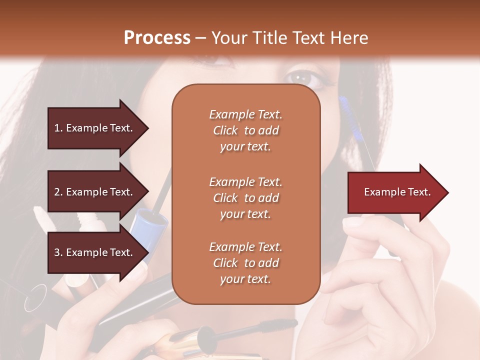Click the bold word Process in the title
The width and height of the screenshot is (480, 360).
pos(157,38)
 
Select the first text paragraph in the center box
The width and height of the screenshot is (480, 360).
pos(245,130)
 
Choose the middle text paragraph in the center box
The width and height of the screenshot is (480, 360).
pos(245,198)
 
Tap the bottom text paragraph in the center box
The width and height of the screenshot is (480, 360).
pos(245,263)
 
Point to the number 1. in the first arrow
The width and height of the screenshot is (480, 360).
pos(58,128)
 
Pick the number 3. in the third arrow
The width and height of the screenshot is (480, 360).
pos(58,252)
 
